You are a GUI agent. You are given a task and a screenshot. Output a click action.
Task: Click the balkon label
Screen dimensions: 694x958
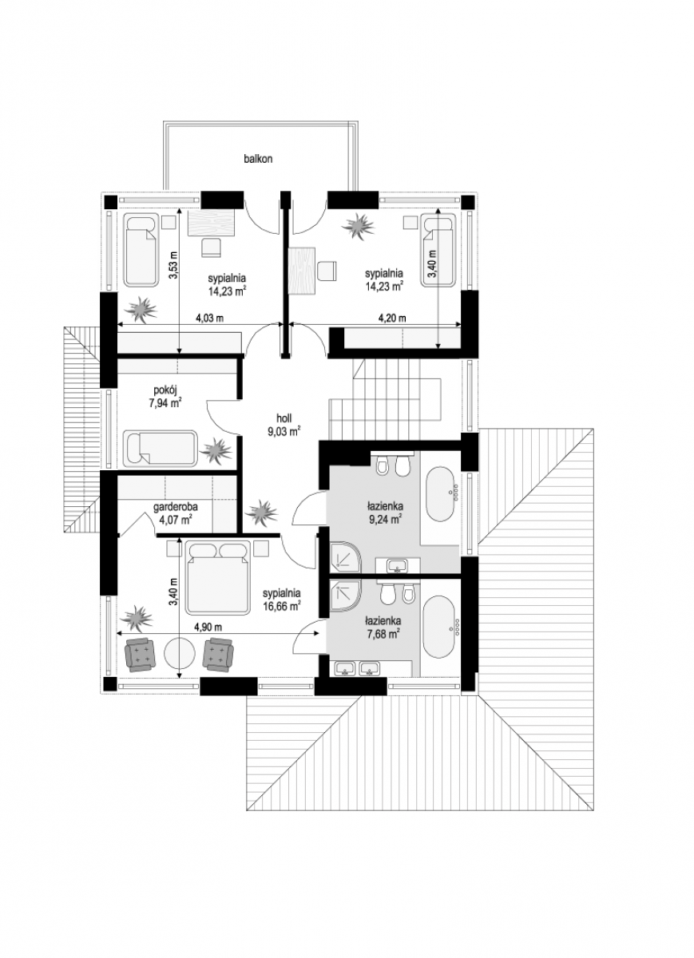click(x=258, y=159)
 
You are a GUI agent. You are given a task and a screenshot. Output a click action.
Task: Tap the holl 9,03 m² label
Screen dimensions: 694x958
click(x=284, y=425)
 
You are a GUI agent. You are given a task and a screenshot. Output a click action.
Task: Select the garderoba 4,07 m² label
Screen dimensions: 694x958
click(x=176, y=513)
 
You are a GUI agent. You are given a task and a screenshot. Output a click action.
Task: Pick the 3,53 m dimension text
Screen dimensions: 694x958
click(x=174, y=266)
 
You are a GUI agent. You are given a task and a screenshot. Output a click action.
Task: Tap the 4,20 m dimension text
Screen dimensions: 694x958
click(x=392, y=318)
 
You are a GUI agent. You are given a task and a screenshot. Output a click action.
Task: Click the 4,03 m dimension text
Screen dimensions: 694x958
click(x=210, y=318)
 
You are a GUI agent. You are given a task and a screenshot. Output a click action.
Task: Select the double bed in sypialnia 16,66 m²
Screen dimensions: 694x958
click(x=217, y=579)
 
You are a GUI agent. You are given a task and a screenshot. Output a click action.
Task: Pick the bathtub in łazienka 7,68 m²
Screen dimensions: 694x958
click(x=438, y=620)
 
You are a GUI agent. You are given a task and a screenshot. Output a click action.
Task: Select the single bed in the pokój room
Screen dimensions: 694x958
click(x=160, y=448)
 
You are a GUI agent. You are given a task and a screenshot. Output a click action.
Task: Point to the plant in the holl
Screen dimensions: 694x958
click(x=261, y=512)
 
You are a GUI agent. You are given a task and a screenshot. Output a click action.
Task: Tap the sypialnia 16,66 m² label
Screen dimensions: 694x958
click(x=282, y=600)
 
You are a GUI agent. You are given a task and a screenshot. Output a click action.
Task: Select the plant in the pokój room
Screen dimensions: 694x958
click(x=217, y=450)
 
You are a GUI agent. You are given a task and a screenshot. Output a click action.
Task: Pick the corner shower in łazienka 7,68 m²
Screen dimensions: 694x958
click(x=345, y=596)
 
